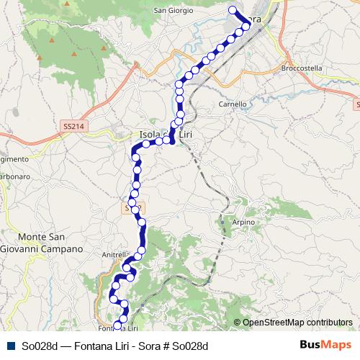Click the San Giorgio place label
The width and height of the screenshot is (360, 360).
coord(176,11)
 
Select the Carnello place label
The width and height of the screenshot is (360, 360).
coord(233,104)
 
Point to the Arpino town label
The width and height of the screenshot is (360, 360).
coord(244,222)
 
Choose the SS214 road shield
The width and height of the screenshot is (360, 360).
coord(73,125)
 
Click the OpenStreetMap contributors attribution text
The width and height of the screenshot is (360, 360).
coord(297,323)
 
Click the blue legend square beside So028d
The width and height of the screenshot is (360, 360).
coord(11,346)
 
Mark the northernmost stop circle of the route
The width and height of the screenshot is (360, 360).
coord(233,10)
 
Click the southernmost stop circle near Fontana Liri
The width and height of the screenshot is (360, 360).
coord(118,327)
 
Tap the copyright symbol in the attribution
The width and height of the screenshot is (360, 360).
coord(238,323)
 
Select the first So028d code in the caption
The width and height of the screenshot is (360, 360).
coord(40,346)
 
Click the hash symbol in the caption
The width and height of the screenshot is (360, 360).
coord(167,346)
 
